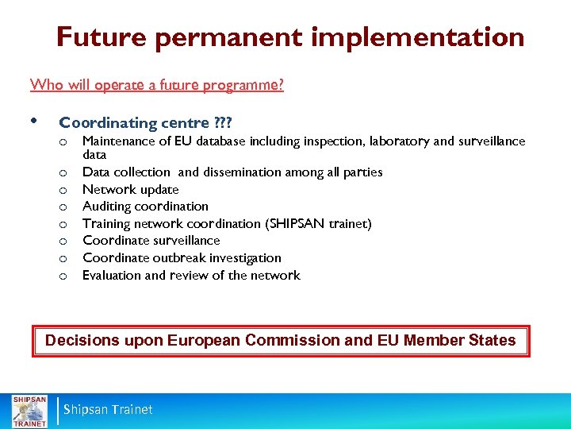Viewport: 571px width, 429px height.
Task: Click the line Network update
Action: tap(131, 189)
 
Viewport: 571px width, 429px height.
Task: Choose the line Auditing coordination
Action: tap(145, 207)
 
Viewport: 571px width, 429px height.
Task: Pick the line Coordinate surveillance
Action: tap(151, 241)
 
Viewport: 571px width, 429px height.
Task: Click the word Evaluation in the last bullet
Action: tap(112, 276)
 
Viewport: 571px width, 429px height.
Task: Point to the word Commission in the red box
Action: tap(293, 341)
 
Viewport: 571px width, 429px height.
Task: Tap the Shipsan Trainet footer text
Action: tap(108, 410)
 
